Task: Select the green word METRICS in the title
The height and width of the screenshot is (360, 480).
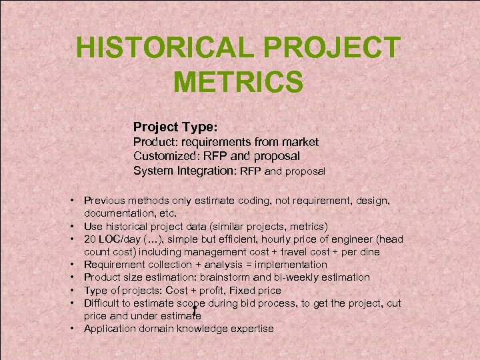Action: pos(238,83)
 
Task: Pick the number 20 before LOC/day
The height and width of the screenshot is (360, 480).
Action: pos(90,239)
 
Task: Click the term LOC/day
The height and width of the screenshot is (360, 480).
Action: pos(121,239)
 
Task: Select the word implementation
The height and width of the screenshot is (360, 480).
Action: pos(293,265)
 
